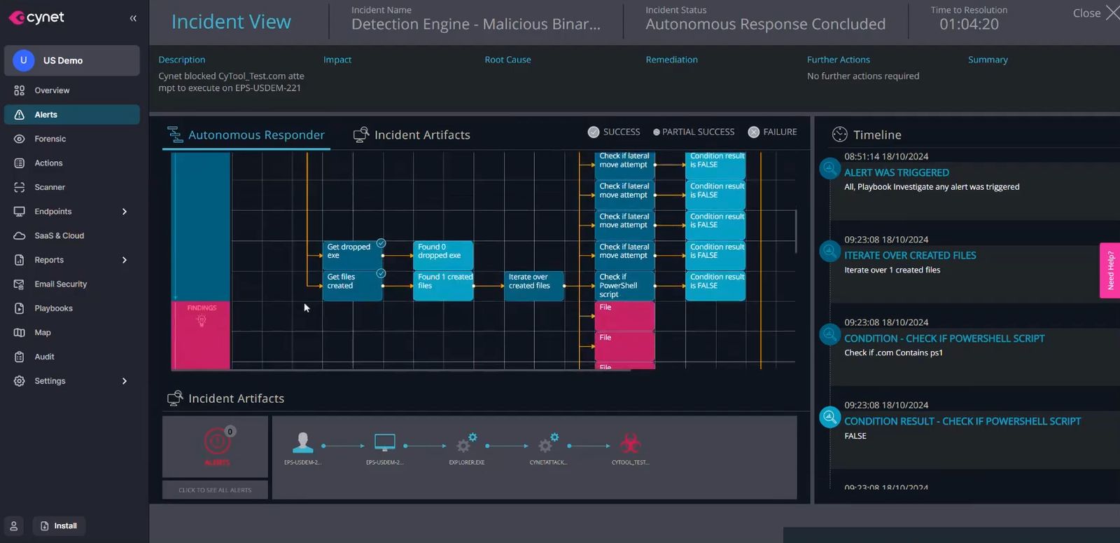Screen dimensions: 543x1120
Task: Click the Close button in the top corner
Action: (1095, 13)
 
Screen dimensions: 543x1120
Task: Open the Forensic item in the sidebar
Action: (50, 139)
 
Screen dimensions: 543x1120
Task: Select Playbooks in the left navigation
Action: (53, 308)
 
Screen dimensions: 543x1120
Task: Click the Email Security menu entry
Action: (60, 284)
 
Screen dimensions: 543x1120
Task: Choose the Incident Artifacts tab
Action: (412, 135)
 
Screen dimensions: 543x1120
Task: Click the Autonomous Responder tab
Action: (246, 135)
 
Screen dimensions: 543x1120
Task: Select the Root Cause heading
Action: (507, 60)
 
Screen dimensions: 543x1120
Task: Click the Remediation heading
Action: (671, 60)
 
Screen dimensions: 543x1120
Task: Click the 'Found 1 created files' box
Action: (443, 285)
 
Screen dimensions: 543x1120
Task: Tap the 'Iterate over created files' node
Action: (533, 285)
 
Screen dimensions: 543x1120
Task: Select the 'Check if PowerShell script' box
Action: (624, 285)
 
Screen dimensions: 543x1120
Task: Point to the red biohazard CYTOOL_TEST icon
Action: (630, 444)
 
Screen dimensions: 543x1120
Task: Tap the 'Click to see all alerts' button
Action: (215, 490)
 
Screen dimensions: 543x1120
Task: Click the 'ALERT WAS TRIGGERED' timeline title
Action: (896, 172)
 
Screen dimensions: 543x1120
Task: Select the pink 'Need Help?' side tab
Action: (1110, 270)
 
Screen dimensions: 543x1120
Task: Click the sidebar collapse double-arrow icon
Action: (133, 18)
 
